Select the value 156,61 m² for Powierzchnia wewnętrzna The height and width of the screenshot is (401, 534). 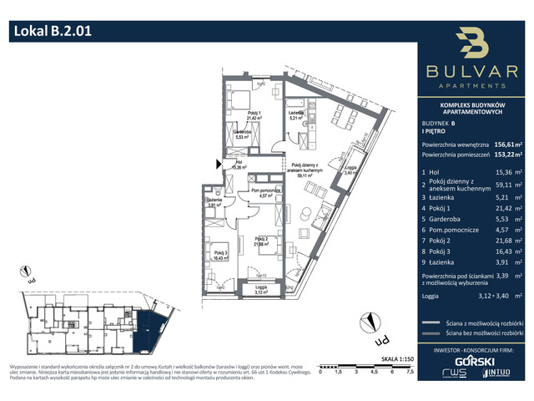(x=505, y=144)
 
